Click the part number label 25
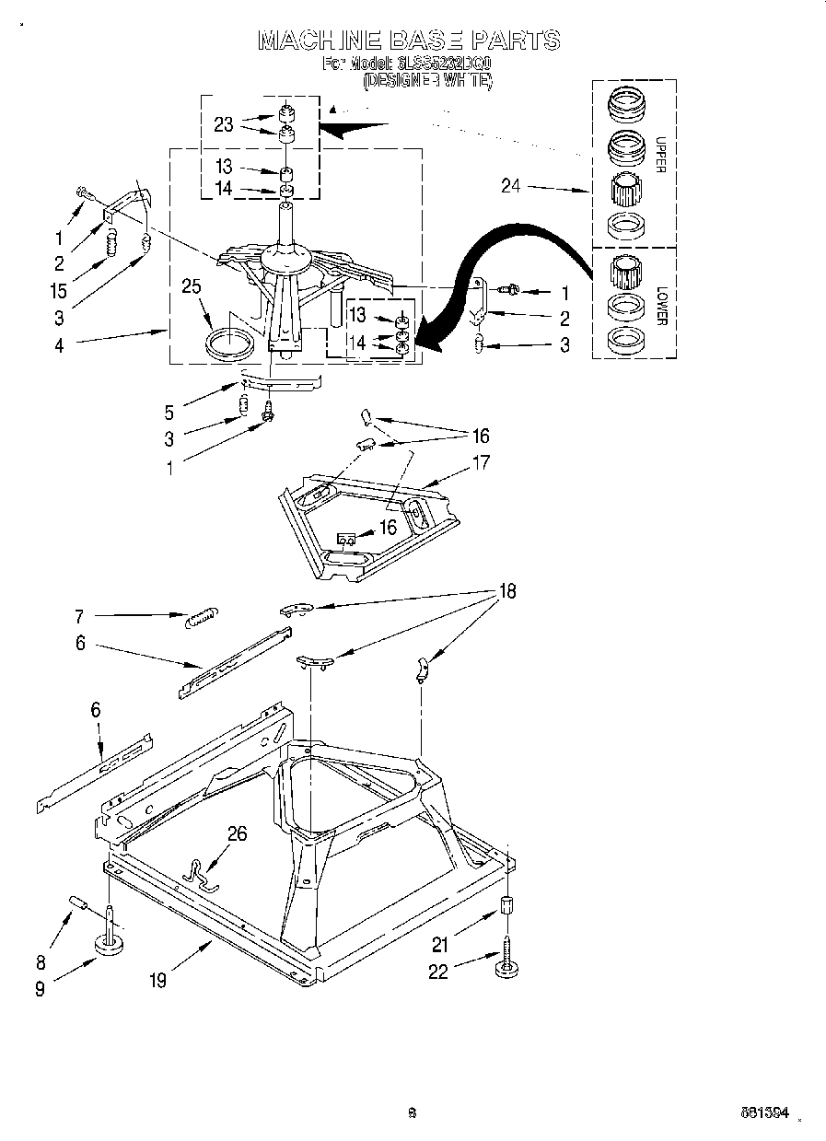tap(191, 287)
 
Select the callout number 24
tap(510, 186)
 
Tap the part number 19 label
tap(157, 982)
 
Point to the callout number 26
tap(238, 833)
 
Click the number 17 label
tap(480, 463)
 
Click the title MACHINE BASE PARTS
tap(408, 40)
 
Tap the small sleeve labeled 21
tap(506, 905)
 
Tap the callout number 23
tap(225, 125)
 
